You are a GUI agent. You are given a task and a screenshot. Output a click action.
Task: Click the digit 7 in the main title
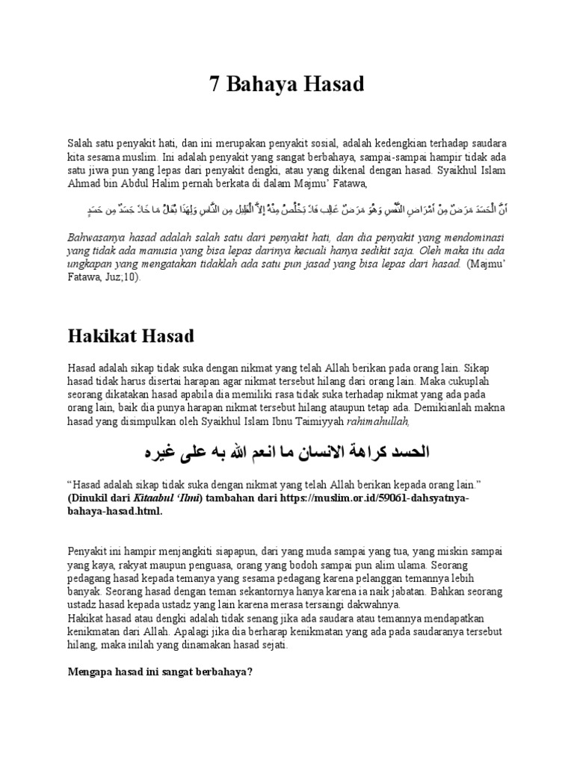[x=215, y=85]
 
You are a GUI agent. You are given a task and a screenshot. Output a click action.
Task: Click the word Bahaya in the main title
[x=265, y=85]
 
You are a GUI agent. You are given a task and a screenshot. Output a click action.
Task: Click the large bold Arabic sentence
[x=286, y=453]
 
